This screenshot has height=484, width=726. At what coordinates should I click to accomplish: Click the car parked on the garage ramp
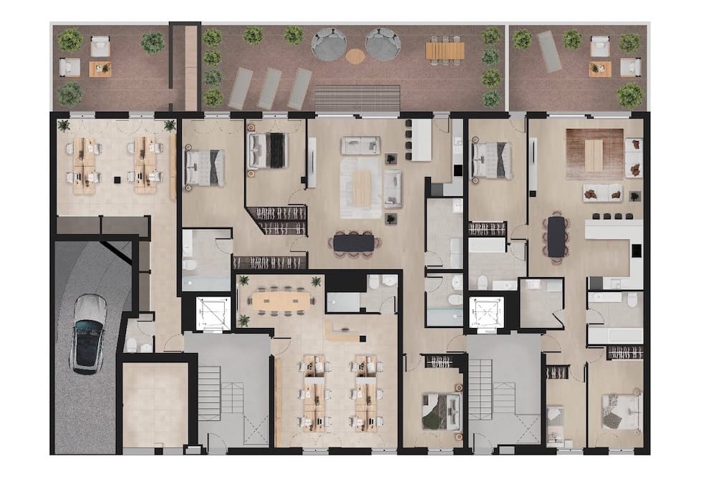(89, 334)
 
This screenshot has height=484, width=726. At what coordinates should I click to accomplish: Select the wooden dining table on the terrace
(445, 50)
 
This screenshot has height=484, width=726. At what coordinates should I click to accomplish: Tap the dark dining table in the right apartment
(556, 236)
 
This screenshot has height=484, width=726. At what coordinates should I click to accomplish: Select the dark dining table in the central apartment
(354, 243)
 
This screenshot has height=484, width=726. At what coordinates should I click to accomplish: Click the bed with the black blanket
(268, 150)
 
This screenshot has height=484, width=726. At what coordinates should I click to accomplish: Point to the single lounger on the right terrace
(549, 52)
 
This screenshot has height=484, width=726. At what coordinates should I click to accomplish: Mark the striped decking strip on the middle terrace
(357, 97)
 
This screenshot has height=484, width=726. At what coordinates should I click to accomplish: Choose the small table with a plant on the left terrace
(100, 69)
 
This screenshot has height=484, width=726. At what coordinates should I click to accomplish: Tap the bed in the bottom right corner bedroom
(620, 412)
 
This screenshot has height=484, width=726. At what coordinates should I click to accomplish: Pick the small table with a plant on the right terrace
(599, 69)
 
